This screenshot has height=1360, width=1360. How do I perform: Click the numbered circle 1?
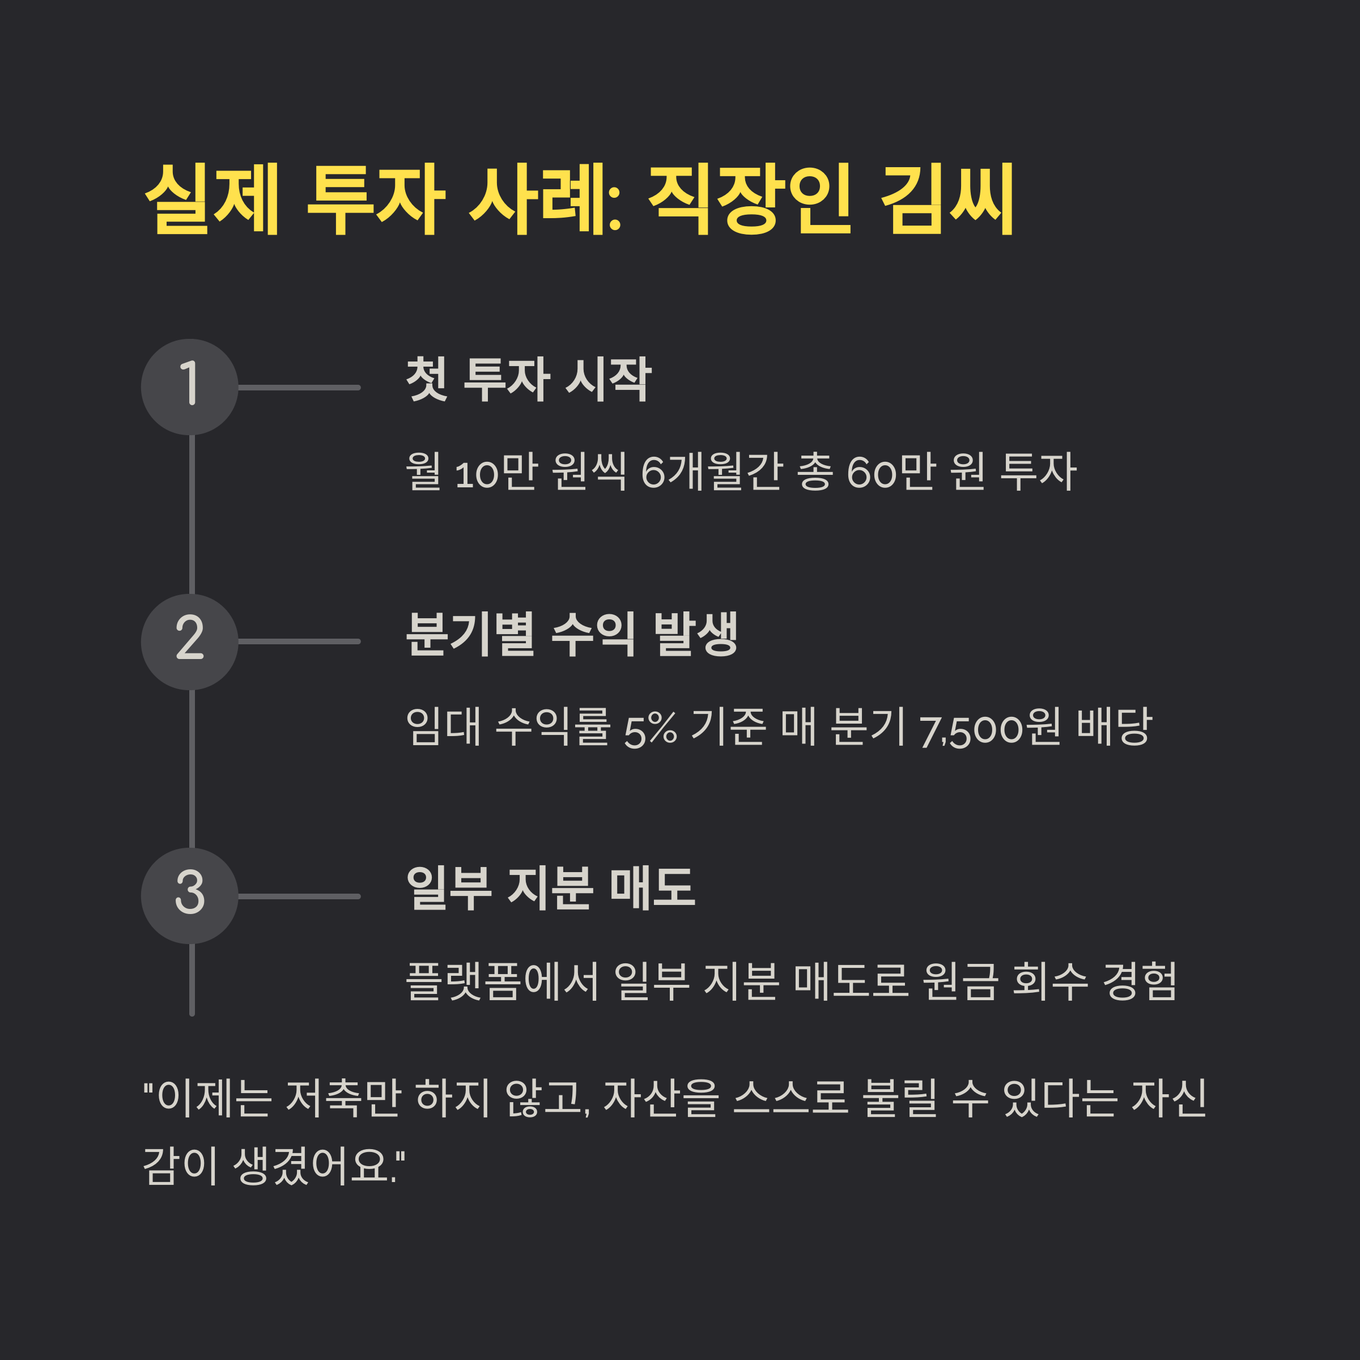point(189,387)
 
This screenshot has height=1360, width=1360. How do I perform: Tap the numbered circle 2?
point(189,641)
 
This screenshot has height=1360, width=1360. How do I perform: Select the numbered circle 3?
point(189,896)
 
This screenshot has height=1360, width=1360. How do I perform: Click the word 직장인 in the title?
point(749,198)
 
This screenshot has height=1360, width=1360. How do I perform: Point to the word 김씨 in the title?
point(947,198)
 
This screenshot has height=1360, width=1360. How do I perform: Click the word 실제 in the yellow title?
point(212,198)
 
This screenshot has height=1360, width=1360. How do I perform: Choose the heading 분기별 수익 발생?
point(572,634)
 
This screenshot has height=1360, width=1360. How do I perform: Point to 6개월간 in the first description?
point(712,471)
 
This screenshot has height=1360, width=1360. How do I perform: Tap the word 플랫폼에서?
point(502,981)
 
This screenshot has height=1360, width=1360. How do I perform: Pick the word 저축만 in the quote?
point(343,1098)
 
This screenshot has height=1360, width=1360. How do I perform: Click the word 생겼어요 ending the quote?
point(313,1166)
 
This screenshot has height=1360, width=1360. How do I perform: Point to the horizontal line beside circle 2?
point(299,641)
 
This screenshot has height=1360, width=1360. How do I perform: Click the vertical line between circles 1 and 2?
point(192,514)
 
